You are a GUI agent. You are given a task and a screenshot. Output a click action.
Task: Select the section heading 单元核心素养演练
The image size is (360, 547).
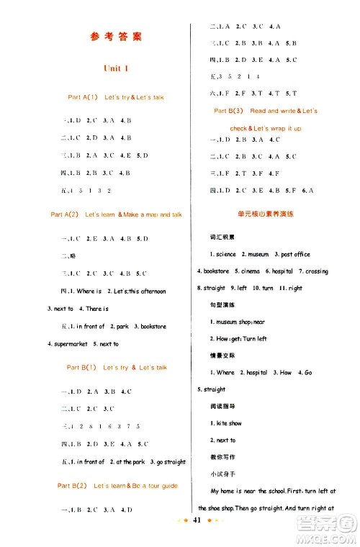coord(264,214)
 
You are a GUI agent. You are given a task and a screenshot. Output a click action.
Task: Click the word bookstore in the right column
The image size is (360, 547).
coord(216,271)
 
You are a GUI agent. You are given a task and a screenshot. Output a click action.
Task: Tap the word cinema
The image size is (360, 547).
coord(252,271)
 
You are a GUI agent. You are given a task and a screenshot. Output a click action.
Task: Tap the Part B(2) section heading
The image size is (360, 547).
coord(117,486)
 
